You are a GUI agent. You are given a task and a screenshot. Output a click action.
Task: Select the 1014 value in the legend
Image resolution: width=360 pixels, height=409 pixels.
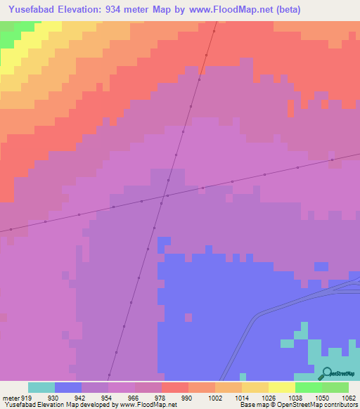click(241, 398)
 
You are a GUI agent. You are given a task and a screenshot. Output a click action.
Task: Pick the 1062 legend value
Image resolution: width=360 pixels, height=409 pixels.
click(348, 398)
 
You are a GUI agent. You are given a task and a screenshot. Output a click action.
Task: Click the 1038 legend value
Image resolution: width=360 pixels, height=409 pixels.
click(295, 398)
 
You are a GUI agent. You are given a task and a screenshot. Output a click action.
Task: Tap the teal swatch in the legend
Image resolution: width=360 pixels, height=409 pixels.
click(41, 387)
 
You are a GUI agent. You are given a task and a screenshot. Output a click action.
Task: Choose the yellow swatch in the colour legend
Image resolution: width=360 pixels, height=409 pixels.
click(281, 387)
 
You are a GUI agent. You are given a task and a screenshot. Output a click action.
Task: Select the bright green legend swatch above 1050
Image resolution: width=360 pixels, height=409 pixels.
click(308, 387)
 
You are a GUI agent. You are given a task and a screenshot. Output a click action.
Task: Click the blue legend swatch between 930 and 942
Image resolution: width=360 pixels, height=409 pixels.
click(67, 387)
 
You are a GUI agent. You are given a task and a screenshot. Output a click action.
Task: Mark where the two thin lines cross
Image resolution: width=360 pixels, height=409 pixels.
click(167, 195)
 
